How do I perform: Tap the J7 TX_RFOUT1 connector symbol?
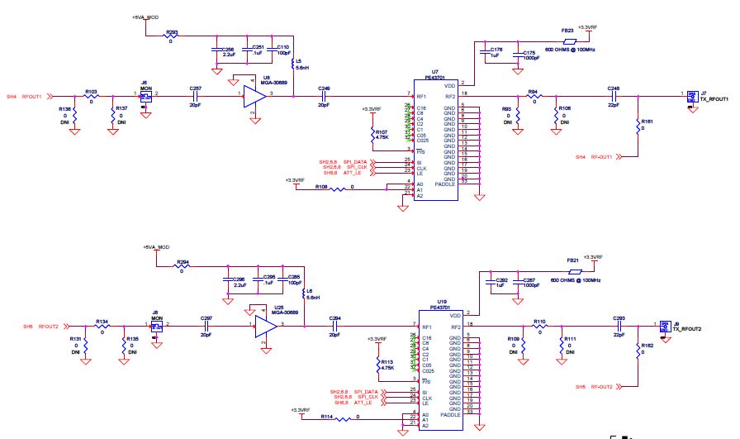691,97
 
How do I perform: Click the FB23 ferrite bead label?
567,30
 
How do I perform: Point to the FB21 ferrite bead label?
572,260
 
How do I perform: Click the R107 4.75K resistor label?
382,134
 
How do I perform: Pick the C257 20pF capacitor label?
195,88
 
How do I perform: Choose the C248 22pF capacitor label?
613,88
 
